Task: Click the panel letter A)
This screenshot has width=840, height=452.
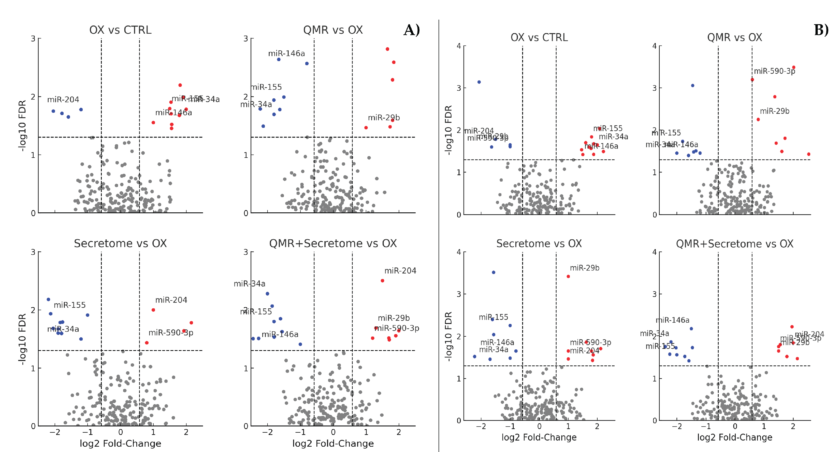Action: tap(412, 30)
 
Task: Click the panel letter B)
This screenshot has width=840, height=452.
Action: tap(821, 30)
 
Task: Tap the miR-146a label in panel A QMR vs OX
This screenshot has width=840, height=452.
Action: tap(286, 53)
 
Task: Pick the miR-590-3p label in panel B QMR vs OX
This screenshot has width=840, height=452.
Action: tap(774, 71)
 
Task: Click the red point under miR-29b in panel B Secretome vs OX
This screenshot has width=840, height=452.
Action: tap(568, 277)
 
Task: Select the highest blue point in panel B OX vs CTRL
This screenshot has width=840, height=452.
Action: tap(479, 82)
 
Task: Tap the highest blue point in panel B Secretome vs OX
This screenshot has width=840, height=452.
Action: tap(493, 272)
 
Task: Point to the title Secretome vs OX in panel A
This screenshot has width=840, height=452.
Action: tap(120, 243)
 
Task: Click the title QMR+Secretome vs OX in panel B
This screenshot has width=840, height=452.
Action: tap(734, 244)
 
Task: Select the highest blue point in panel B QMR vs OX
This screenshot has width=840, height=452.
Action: tap(693, 86)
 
